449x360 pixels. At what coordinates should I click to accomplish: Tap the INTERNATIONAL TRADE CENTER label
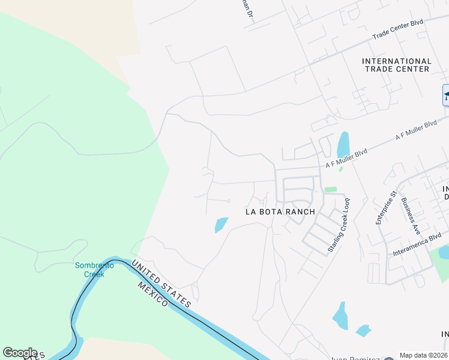(x=397, y=65)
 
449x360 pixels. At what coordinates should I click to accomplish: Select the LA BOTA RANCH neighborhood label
(x=280, y=212)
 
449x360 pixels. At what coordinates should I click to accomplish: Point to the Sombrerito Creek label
(x=89, y=270)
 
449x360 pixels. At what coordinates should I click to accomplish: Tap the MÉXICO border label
(x=152, y=293)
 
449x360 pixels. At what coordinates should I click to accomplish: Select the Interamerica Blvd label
(x=417, y=245)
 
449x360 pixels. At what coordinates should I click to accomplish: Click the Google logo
(x=20, y=352)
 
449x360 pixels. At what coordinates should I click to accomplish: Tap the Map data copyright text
(x=423, y=355)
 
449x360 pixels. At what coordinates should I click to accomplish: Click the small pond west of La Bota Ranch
(x=221, y=224)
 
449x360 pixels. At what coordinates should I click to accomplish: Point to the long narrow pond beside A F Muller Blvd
(x=343, y=145)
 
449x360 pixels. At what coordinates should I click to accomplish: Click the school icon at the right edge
(x=446, y=95)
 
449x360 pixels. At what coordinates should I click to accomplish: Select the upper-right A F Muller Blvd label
(x=415, y=131)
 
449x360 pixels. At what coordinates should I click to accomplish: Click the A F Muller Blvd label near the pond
(x=346, y=158)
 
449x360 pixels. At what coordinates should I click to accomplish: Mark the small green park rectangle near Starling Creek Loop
(x=330, y=190)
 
